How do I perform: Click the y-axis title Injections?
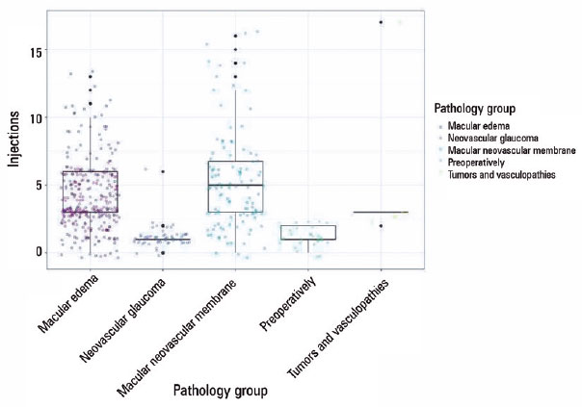pyautogui.click(x=16, y=140)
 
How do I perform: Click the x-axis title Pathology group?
pyautogui.click(x=221, y=391)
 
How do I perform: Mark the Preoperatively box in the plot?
pyautogui.click(x=307, y=232)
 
